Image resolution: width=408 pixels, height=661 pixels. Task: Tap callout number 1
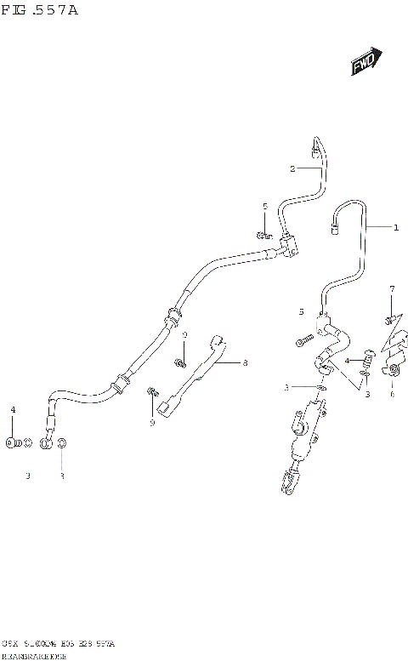coord(395,227)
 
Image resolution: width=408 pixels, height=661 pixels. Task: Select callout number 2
coord(292,168)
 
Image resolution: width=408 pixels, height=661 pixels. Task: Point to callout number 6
coord(393,394)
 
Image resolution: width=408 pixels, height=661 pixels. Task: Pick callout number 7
coord(392,290)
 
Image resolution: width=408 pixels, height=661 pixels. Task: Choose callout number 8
coord(245,363)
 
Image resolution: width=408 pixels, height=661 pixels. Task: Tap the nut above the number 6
coord(394,369)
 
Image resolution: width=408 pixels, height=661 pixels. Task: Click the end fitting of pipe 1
coord(335,227)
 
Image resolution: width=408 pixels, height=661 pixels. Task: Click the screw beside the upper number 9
coord(181,363)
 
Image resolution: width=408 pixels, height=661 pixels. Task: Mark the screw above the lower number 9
coord(153,391)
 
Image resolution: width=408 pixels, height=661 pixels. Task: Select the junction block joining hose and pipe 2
coord(289,248)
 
